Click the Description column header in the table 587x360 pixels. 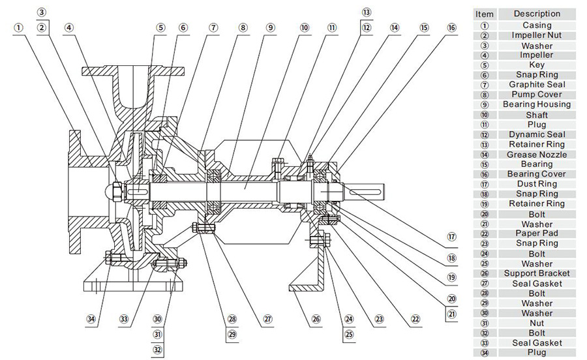tap(537, 14)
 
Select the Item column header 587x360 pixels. tap(485, 14)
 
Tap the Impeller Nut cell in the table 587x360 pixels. tap(537, 36)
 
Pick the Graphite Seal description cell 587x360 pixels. tap(537, 85)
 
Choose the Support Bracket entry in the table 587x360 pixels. tap(537, 273)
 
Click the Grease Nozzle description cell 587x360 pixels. tap(537, 155)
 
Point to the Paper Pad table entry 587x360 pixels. tap(537, 233)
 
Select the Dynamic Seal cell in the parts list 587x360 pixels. tap(537, 134)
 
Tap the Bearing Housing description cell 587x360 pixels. tap(537, 104)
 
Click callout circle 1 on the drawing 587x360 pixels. tap(18, 27)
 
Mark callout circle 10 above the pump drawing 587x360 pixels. tap(305, 27)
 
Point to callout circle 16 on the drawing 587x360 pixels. tap(452, 27)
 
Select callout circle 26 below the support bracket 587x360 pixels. tap(316, 320)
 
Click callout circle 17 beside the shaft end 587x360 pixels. tap(451, 237)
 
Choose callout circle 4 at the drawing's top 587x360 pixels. tap(69, 27)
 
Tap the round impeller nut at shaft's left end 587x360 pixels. tap(116, 190)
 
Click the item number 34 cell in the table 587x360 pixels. tap(485, 353)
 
